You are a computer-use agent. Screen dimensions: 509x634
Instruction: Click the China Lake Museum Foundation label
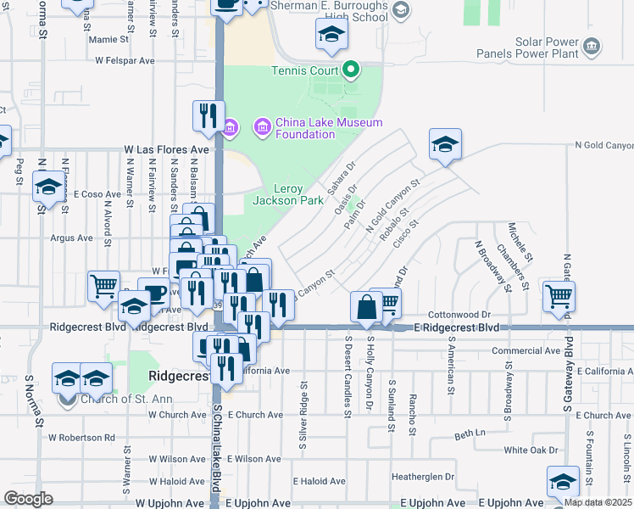pyautogui.click(x=329, y=128)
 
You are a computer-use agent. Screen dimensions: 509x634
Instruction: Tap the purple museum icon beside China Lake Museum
pyautogui.click(x=262, y=128)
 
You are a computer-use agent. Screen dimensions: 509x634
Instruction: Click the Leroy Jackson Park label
pyautogui.click(x=288, y=194)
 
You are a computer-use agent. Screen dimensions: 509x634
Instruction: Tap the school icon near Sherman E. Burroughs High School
pyautogui.click(x=331, y=36)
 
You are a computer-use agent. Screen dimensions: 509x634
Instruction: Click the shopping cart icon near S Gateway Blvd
pyautogui.click(x=559, y=296)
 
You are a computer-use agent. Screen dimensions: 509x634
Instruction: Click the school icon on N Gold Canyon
pyautogui.click(x=445, y=144)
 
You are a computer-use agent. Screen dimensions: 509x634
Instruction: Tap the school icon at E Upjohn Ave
pyautogui.click(x=563, y=482)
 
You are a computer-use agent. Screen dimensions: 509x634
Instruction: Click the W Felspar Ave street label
pyautogui.click(x=125, y=61)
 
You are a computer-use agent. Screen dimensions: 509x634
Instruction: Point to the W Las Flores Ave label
pyautogui.click(x=166, y=149)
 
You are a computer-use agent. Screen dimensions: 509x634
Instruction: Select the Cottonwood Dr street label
pyautogui.click(x=460, y=314)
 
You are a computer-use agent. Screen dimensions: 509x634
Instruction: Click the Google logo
pyautogui.click(x=28, y=499)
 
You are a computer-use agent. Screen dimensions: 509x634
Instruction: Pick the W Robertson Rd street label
pyautogui.click(x=81, y=438)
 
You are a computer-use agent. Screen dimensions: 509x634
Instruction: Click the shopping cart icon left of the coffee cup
pyautogui.click(x=103, y=286)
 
